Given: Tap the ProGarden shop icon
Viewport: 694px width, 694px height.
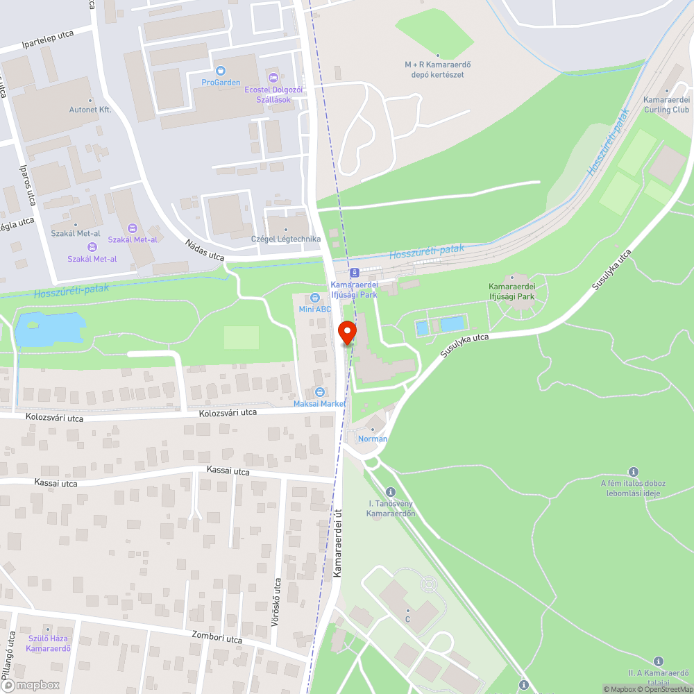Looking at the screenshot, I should (221, 70).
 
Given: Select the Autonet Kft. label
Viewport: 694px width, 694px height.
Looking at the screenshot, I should (90, 110).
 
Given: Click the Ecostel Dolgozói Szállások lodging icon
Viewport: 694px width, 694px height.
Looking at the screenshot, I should (273, 77).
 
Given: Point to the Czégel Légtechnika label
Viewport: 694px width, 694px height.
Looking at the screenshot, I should (286, 239).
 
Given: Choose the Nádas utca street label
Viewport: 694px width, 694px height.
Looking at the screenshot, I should (205, 251).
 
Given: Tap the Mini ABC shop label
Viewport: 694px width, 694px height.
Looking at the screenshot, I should (314, 309).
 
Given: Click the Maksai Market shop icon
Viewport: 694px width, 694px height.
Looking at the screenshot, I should (319, 392).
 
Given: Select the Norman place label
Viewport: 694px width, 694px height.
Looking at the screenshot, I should (373, 439).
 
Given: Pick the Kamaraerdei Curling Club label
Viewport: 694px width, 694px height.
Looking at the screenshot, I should (666, 105).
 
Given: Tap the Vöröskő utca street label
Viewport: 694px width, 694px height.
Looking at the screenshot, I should (276, 602).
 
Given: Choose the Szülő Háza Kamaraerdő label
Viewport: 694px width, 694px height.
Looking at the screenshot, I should (49, 644).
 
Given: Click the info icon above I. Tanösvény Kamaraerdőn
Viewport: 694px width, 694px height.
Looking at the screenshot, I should (391, 491).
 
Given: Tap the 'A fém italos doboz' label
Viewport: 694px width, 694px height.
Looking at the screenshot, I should (633, 483).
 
